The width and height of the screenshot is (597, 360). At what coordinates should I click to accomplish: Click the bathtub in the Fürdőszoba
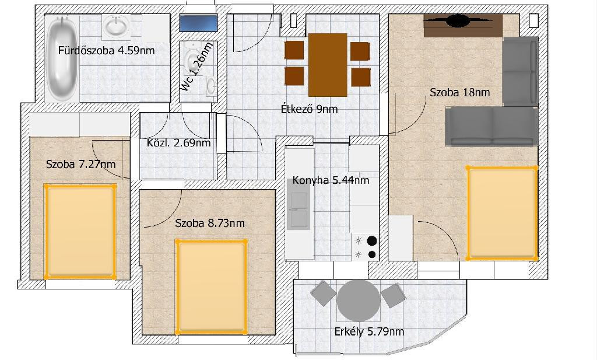click(62, 59)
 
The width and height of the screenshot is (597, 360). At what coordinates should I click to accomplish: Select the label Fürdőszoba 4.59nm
click(107, 51)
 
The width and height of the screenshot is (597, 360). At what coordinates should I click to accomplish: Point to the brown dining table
click(328, 65)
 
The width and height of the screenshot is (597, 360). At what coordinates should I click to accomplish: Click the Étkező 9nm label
click(309, 109)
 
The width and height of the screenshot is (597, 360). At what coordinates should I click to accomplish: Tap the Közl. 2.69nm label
click(178, 143)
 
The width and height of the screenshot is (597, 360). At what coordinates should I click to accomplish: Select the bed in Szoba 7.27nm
click(80, 232)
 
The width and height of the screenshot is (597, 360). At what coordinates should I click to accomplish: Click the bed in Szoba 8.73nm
click(212, 286)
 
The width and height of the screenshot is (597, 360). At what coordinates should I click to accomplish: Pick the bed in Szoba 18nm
click(502, 214)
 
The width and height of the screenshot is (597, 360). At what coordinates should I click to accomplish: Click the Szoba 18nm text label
click(459, 92)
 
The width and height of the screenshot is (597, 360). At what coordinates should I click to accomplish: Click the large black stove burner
click(371, 241)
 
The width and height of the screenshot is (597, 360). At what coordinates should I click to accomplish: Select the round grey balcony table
click(359, 300)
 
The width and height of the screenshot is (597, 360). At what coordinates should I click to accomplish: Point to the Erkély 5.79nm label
click(369, 332)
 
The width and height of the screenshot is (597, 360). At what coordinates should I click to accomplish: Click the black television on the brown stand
click(459, 20)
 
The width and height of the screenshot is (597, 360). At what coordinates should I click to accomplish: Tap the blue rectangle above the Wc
click(198, 23)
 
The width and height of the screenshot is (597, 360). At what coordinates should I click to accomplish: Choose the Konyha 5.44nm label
click(331, 180)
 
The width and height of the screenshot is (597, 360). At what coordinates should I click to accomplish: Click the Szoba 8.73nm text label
click(210, 223)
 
